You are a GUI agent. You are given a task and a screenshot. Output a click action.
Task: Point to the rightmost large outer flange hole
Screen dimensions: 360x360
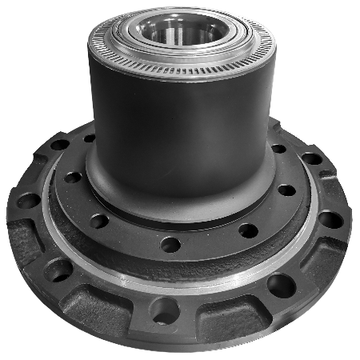(330, 218)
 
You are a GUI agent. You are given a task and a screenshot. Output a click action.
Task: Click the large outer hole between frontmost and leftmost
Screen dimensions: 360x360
(58, 270)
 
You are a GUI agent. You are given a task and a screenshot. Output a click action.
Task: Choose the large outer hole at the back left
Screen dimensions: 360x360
(60, 145)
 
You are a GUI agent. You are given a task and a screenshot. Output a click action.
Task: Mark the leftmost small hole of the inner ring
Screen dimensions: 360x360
(73, 177)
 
